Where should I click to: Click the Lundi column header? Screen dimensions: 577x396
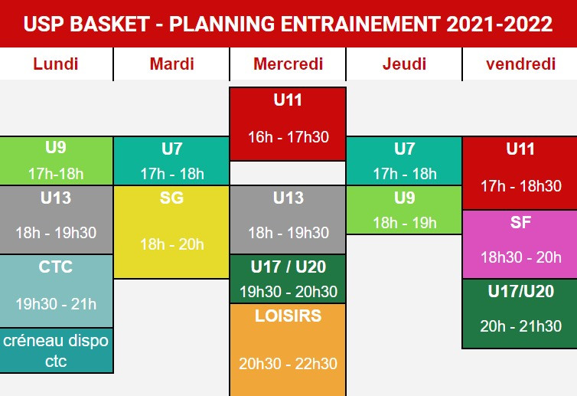(x=56, y=64)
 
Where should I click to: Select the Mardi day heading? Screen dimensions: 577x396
(x=172, y=64)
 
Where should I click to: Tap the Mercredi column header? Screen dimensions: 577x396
(x=288, y=64)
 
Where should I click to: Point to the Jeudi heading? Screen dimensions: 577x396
(x=404, y=64)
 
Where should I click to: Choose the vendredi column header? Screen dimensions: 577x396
(x=520, y=64)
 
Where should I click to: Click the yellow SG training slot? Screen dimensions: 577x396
(x=171, y=232)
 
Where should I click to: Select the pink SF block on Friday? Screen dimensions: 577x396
(x=520, y=244)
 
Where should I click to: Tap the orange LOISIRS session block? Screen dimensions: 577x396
(x=288, y=350)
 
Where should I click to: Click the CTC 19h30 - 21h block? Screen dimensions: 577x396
(x=56, y=291)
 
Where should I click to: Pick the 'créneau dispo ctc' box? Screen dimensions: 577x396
(x=56, y=350)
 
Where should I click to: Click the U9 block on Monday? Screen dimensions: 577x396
(x=56, y=161)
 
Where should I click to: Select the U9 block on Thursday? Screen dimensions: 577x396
(x=404, y=210)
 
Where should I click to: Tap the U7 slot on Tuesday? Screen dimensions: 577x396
(x=171, y=161)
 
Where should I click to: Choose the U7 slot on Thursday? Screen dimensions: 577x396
(x=404, y=161)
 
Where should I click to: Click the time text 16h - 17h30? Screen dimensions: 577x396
(x=288, y=137)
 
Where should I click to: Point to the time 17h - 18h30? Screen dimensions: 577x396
(x=520, y=186)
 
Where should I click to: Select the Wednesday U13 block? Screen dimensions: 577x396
(x=288, y=220)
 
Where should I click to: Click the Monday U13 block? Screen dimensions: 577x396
(x=56, y=220)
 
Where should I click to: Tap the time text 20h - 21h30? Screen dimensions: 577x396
(x=520, y=326)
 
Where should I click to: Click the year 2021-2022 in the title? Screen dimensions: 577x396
(x=500, y=24)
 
